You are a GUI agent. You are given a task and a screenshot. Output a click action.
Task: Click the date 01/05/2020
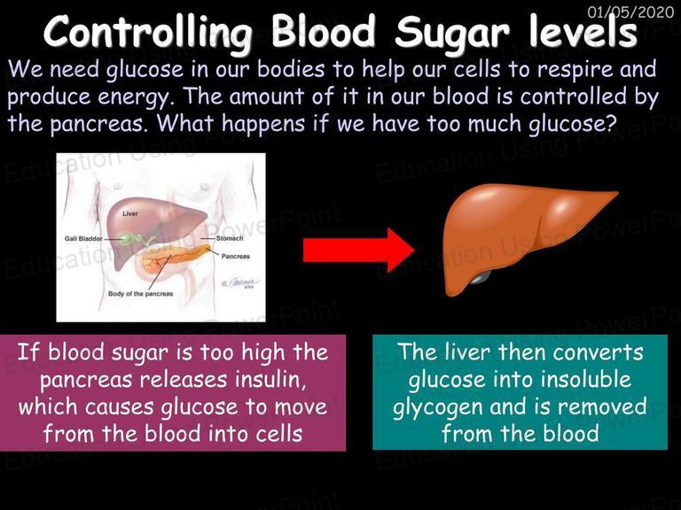click(x=630, y=12)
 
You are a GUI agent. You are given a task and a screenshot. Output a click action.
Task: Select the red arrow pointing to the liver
click(x=358, y=251)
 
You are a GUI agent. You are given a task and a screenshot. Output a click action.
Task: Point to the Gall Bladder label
click(x=83, y=238)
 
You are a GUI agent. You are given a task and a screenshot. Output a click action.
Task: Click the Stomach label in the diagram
click(x=230, y=238)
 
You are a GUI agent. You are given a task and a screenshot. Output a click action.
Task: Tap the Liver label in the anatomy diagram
click(x=130, y=213)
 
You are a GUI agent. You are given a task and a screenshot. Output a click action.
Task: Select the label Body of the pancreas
click(x=140, y=294)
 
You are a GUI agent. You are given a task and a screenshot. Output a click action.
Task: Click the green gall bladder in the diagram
click(x=128, y=238)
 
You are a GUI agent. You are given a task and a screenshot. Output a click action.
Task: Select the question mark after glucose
click(x=610, y=123)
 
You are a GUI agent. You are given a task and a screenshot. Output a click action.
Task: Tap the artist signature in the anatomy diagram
click(x=240, y=282)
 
